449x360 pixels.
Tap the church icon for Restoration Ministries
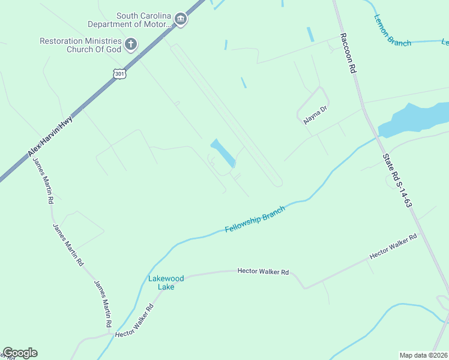point(131,44)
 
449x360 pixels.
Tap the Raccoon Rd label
point(348,53)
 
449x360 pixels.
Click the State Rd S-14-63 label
point(397,180)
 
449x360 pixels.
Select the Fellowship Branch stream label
point(255,220)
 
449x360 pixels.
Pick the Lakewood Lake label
point(161,282)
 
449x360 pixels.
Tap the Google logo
point(20,353)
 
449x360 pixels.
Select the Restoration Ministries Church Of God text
point(80,44)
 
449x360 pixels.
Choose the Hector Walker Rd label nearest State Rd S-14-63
point(393,247)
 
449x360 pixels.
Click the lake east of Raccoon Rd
point(414,119)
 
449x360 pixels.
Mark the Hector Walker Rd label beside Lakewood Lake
point(263,272)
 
